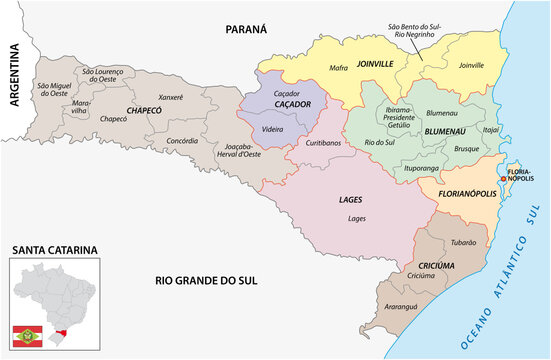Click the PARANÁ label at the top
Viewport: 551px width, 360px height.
[245, 30]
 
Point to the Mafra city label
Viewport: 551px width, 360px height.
[338, 68]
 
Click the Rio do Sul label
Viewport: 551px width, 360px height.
[378, 142]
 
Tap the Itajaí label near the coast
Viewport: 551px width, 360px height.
[491, 130]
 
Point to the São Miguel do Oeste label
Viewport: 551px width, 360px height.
[55, 89]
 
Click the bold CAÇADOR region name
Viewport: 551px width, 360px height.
[288, 103]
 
